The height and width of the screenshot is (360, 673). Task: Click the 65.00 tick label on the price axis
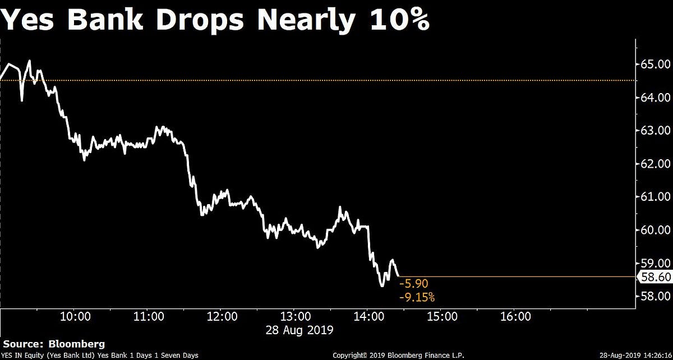coord(655,64)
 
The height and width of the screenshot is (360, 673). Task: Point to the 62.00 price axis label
coord(655,164)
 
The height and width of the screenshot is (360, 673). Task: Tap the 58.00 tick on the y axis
coord(655,296)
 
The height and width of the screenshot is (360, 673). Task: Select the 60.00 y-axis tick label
coord(655,230)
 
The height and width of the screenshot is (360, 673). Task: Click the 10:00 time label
coord(75,317)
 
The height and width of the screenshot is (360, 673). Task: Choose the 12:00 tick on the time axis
coord(222,317)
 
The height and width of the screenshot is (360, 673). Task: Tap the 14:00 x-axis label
coord(368,317)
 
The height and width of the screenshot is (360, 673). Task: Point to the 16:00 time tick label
coord(515,317)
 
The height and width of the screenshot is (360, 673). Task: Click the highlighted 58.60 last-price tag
coord(656,276)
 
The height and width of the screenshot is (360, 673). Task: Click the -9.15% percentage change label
coord(417,297)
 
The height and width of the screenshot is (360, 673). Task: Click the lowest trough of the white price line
coord(382,286)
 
